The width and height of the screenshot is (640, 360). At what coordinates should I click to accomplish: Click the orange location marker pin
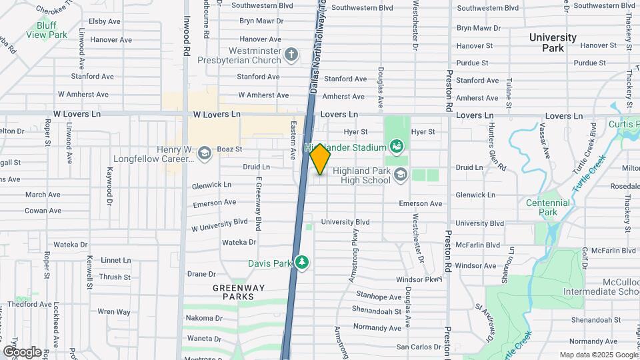point(320,158)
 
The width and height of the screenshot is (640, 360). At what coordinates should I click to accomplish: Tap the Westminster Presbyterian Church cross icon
point(291,55)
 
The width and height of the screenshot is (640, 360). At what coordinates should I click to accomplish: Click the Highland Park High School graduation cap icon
point(401,175)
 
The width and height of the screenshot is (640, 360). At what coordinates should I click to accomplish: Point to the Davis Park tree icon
point(303,263)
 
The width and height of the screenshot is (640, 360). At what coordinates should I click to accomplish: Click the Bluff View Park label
point(47,29)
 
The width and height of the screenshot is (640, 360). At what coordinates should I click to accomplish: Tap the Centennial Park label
point(547,207)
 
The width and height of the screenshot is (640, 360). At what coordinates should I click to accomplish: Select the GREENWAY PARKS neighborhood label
point(239,292)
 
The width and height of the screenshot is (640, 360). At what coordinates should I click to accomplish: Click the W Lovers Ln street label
point(216,114)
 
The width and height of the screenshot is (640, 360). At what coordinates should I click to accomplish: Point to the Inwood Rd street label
point(187,40)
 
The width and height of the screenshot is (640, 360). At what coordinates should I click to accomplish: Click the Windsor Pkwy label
point(419,279)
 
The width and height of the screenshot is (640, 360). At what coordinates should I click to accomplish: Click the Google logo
point(22,351)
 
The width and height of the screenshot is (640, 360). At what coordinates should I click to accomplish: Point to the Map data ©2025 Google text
point(597,355)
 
